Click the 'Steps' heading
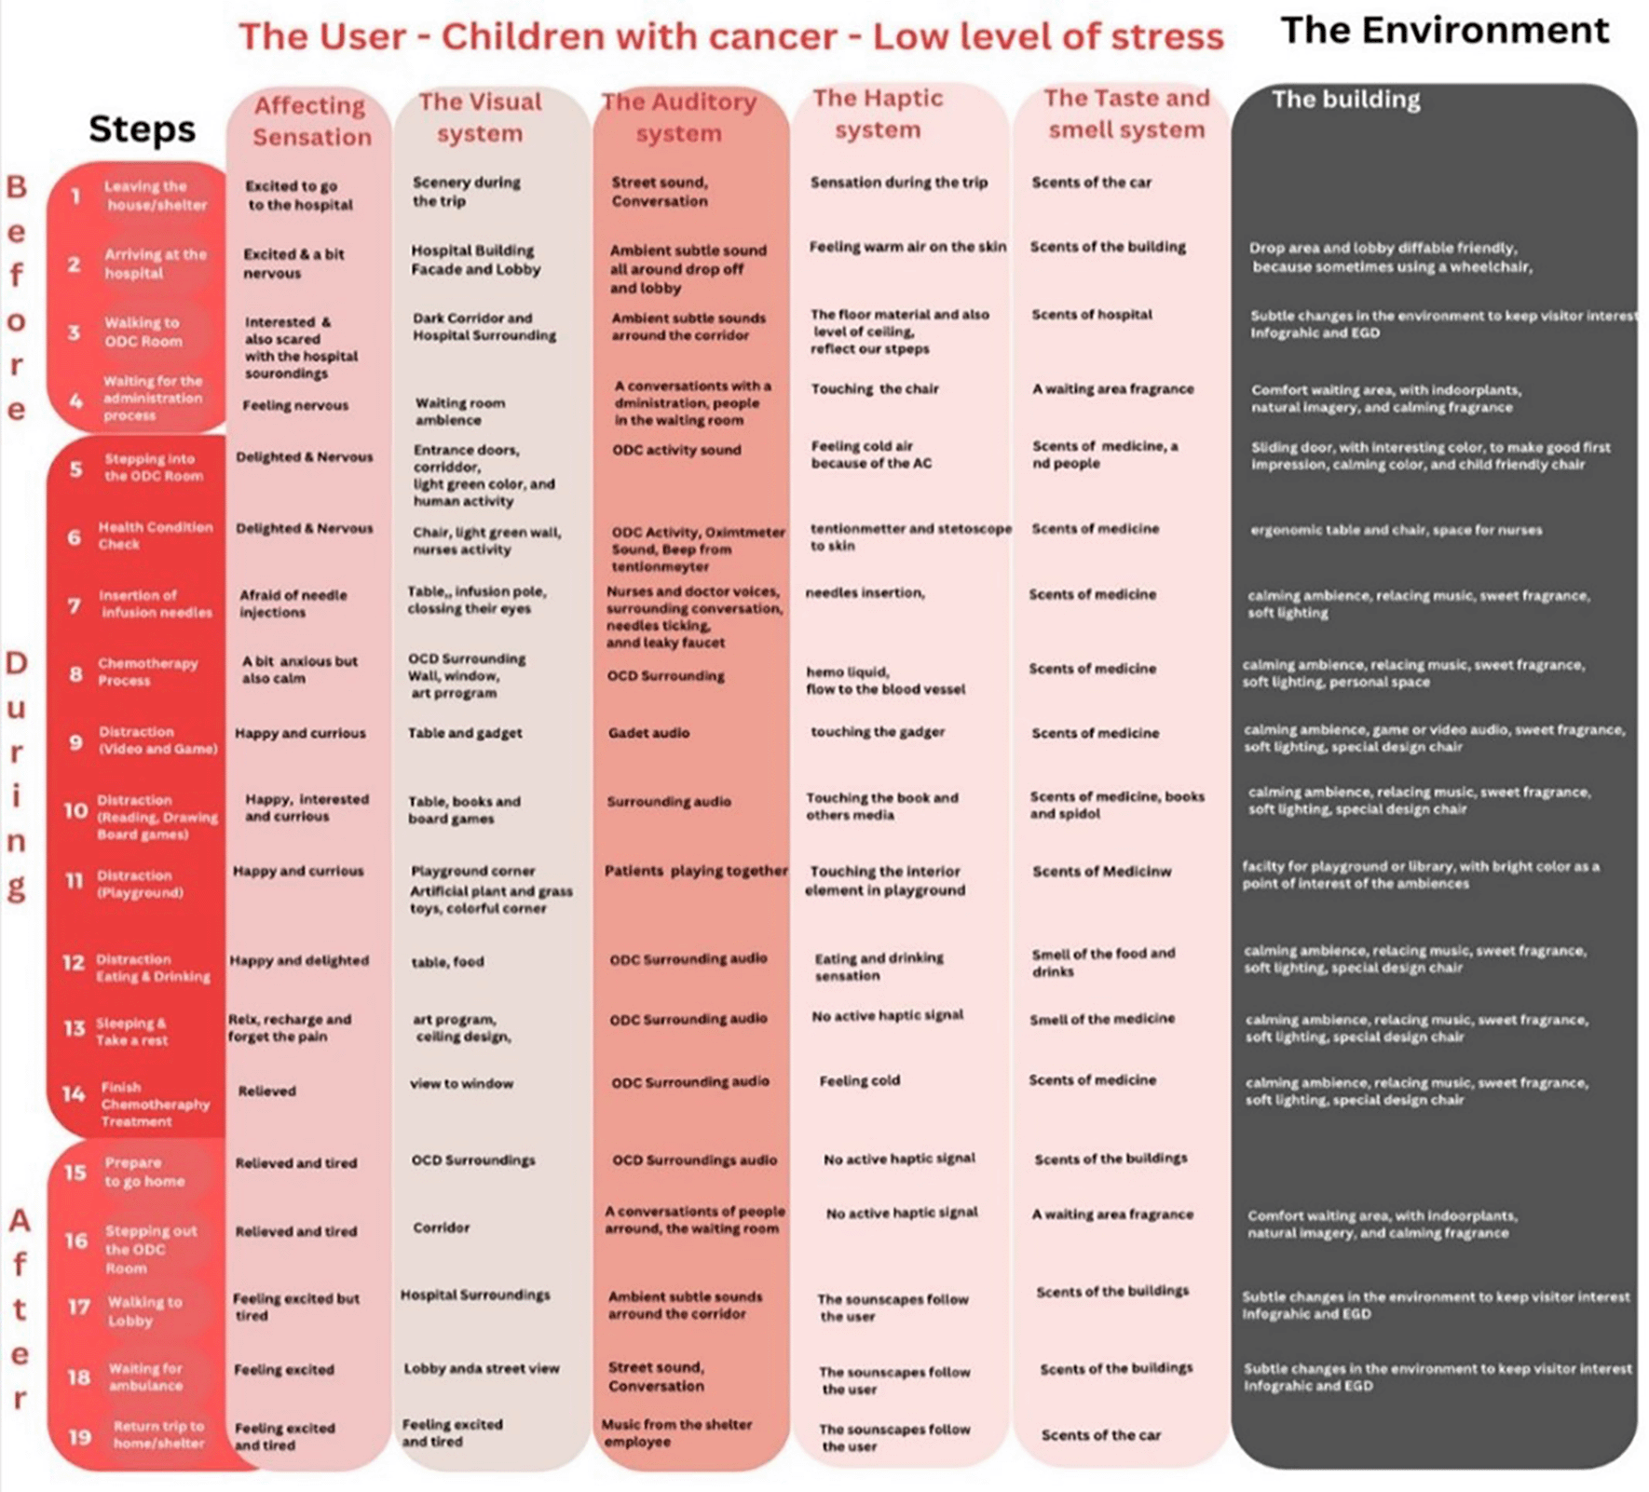point(142,129)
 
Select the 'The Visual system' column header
point(480,116)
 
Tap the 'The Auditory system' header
point(678,116)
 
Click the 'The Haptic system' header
point(878,114)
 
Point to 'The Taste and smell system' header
point(1126,114)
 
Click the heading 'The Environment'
point(1444,31)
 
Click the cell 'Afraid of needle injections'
point(293,604)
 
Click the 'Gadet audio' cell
point(648,733)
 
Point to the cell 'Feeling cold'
point(859,1081)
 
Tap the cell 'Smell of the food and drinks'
point(1103,962)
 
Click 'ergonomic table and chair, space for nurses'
point(1396,530)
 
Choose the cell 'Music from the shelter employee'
point(676,1432)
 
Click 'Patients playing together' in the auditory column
point(696,871)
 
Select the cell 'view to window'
point(461,1083)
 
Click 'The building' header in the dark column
point(1345,100)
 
